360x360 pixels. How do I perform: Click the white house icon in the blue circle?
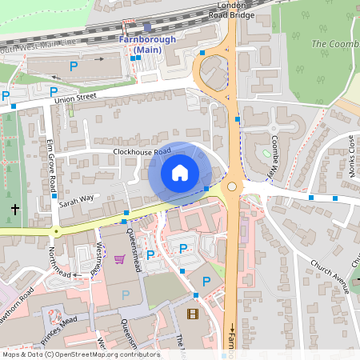click(x=180, y=173)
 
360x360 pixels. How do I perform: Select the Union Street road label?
click(x=74, y=99)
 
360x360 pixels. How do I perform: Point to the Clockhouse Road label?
click(x=142, y=151)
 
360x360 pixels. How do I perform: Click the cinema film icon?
click(x=192, y=314)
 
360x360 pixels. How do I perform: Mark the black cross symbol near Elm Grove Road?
click(x=14, y=210)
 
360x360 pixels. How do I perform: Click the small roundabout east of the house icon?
click(x=232, y=186)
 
